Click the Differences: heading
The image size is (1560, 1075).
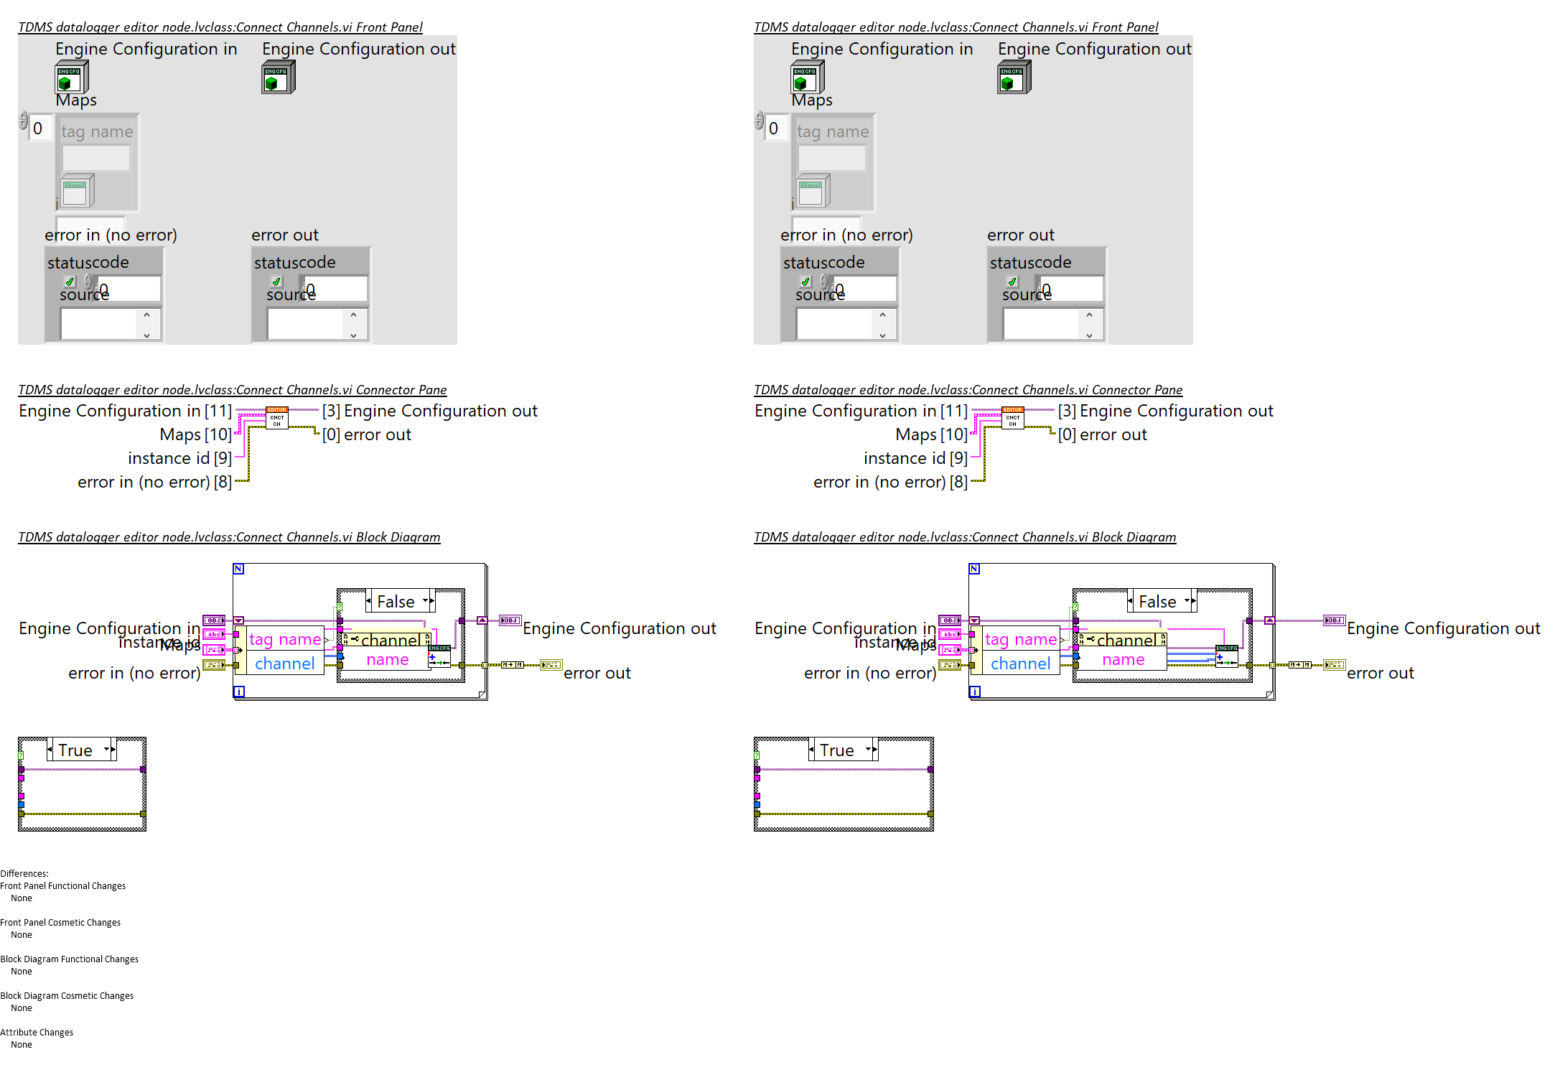[x=24, y=874]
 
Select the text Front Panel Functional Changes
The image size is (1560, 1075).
[x=63, y=886]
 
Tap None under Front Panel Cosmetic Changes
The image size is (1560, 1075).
[x=22, y=935]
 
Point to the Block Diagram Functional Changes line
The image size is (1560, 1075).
[x=70, y=959]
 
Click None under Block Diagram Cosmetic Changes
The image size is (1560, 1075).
[x=22, y=1008]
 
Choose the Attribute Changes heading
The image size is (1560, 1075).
[x=37, y=1033]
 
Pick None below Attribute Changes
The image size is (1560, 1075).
[x=22, y=1045]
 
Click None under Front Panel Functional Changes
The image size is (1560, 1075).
[x=22, y=898]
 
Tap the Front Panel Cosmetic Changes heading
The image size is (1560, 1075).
[x=60, y=923]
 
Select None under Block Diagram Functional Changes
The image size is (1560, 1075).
[x=22, y=972]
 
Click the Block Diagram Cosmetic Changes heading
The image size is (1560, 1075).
[x=67, y=996]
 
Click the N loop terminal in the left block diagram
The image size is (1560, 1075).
[x=238, y=569]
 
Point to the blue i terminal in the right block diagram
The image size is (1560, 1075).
[x=974, y=692]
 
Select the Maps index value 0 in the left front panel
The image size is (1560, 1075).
[x=39, y=129]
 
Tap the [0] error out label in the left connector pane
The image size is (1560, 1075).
[x=367, y=435]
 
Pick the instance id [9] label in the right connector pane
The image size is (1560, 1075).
[x=915, y=459]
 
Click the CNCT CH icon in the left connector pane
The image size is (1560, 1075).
[x=277, y=418]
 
